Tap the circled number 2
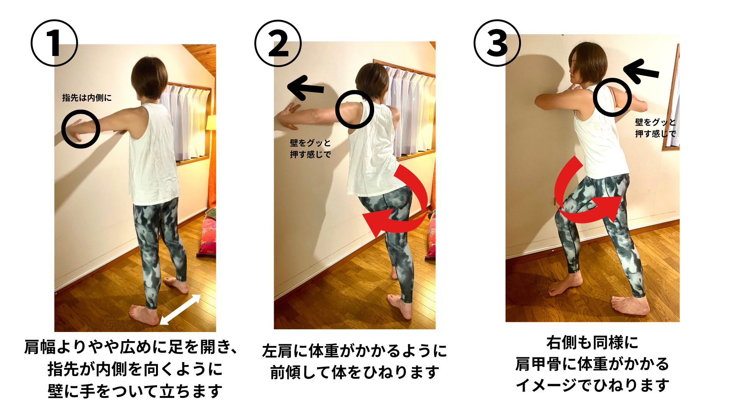coord(278,43)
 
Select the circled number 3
coord(497,43)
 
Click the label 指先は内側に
coord(87,98)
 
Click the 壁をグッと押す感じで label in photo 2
coord(310,149)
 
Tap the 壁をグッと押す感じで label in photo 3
coord(655,128)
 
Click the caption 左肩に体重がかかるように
coord(355,351)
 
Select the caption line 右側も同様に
coord(592,343)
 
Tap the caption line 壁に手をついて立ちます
coord(135,391)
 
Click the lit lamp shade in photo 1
coord(211,123)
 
